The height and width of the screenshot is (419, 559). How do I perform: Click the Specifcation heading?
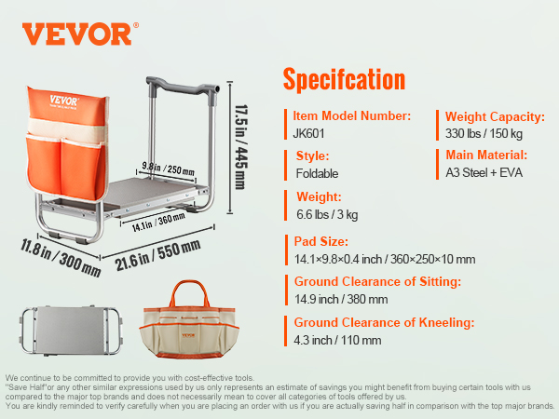tap(344, 79)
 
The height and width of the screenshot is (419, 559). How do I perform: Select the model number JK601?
tap(308, 133)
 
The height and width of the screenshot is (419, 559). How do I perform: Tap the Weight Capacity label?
tap(495, 117)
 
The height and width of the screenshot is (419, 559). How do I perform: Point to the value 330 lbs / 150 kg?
tap(484, 133)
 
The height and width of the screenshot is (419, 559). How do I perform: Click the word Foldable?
tap(317, 173)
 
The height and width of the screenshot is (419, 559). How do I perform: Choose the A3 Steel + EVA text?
tap(484, 173)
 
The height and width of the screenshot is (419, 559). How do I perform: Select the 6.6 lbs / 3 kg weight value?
tap(327, 214)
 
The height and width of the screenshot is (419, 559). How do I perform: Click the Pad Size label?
tap(320, 241)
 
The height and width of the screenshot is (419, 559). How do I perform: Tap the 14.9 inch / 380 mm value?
tap(341, 299)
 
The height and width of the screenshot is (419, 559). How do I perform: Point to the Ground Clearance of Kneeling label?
tap(384, 322)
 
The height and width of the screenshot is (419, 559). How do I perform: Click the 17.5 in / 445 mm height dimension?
tap(241, 146)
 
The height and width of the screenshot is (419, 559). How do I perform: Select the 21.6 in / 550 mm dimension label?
tap(157, 254)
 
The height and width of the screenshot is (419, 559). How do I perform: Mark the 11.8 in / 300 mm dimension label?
tap(61, 258)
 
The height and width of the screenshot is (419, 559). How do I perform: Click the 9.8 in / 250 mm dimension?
tap(169, 169)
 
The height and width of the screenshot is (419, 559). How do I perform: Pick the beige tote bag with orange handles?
tap(188, 319)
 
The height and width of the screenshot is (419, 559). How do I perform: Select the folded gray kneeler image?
tap(72, 330)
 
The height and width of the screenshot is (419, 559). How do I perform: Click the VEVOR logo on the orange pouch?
tap(63, 101)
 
